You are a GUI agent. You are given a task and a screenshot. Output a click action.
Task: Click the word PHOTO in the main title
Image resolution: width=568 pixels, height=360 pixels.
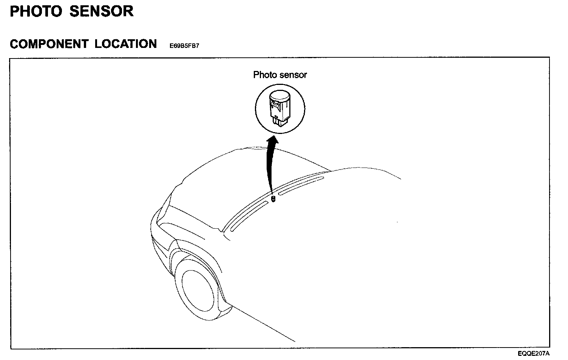point(36,11)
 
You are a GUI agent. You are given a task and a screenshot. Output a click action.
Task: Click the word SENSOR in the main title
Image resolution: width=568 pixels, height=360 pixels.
point(101,11)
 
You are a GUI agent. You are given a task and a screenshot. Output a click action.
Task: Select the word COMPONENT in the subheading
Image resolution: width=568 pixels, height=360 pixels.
point(49,44)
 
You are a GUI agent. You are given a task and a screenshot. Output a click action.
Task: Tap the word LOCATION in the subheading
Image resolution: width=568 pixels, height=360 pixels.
point(125,44)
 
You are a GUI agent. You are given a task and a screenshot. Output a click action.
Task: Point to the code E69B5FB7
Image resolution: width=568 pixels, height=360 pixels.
point(184,46)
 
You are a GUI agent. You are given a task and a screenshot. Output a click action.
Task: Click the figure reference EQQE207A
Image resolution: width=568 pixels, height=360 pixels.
point(534,354)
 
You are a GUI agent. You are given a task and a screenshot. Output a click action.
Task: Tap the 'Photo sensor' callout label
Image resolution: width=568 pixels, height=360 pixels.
point(280,75)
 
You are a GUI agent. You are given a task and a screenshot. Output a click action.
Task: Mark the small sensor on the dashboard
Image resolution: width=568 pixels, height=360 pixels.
point(273,198)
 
